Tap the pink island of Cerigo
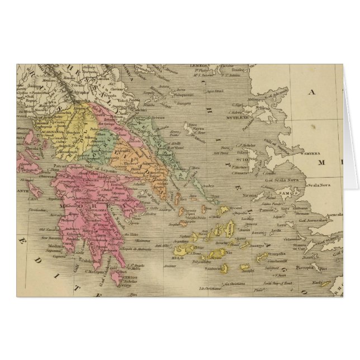point(116,276)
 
